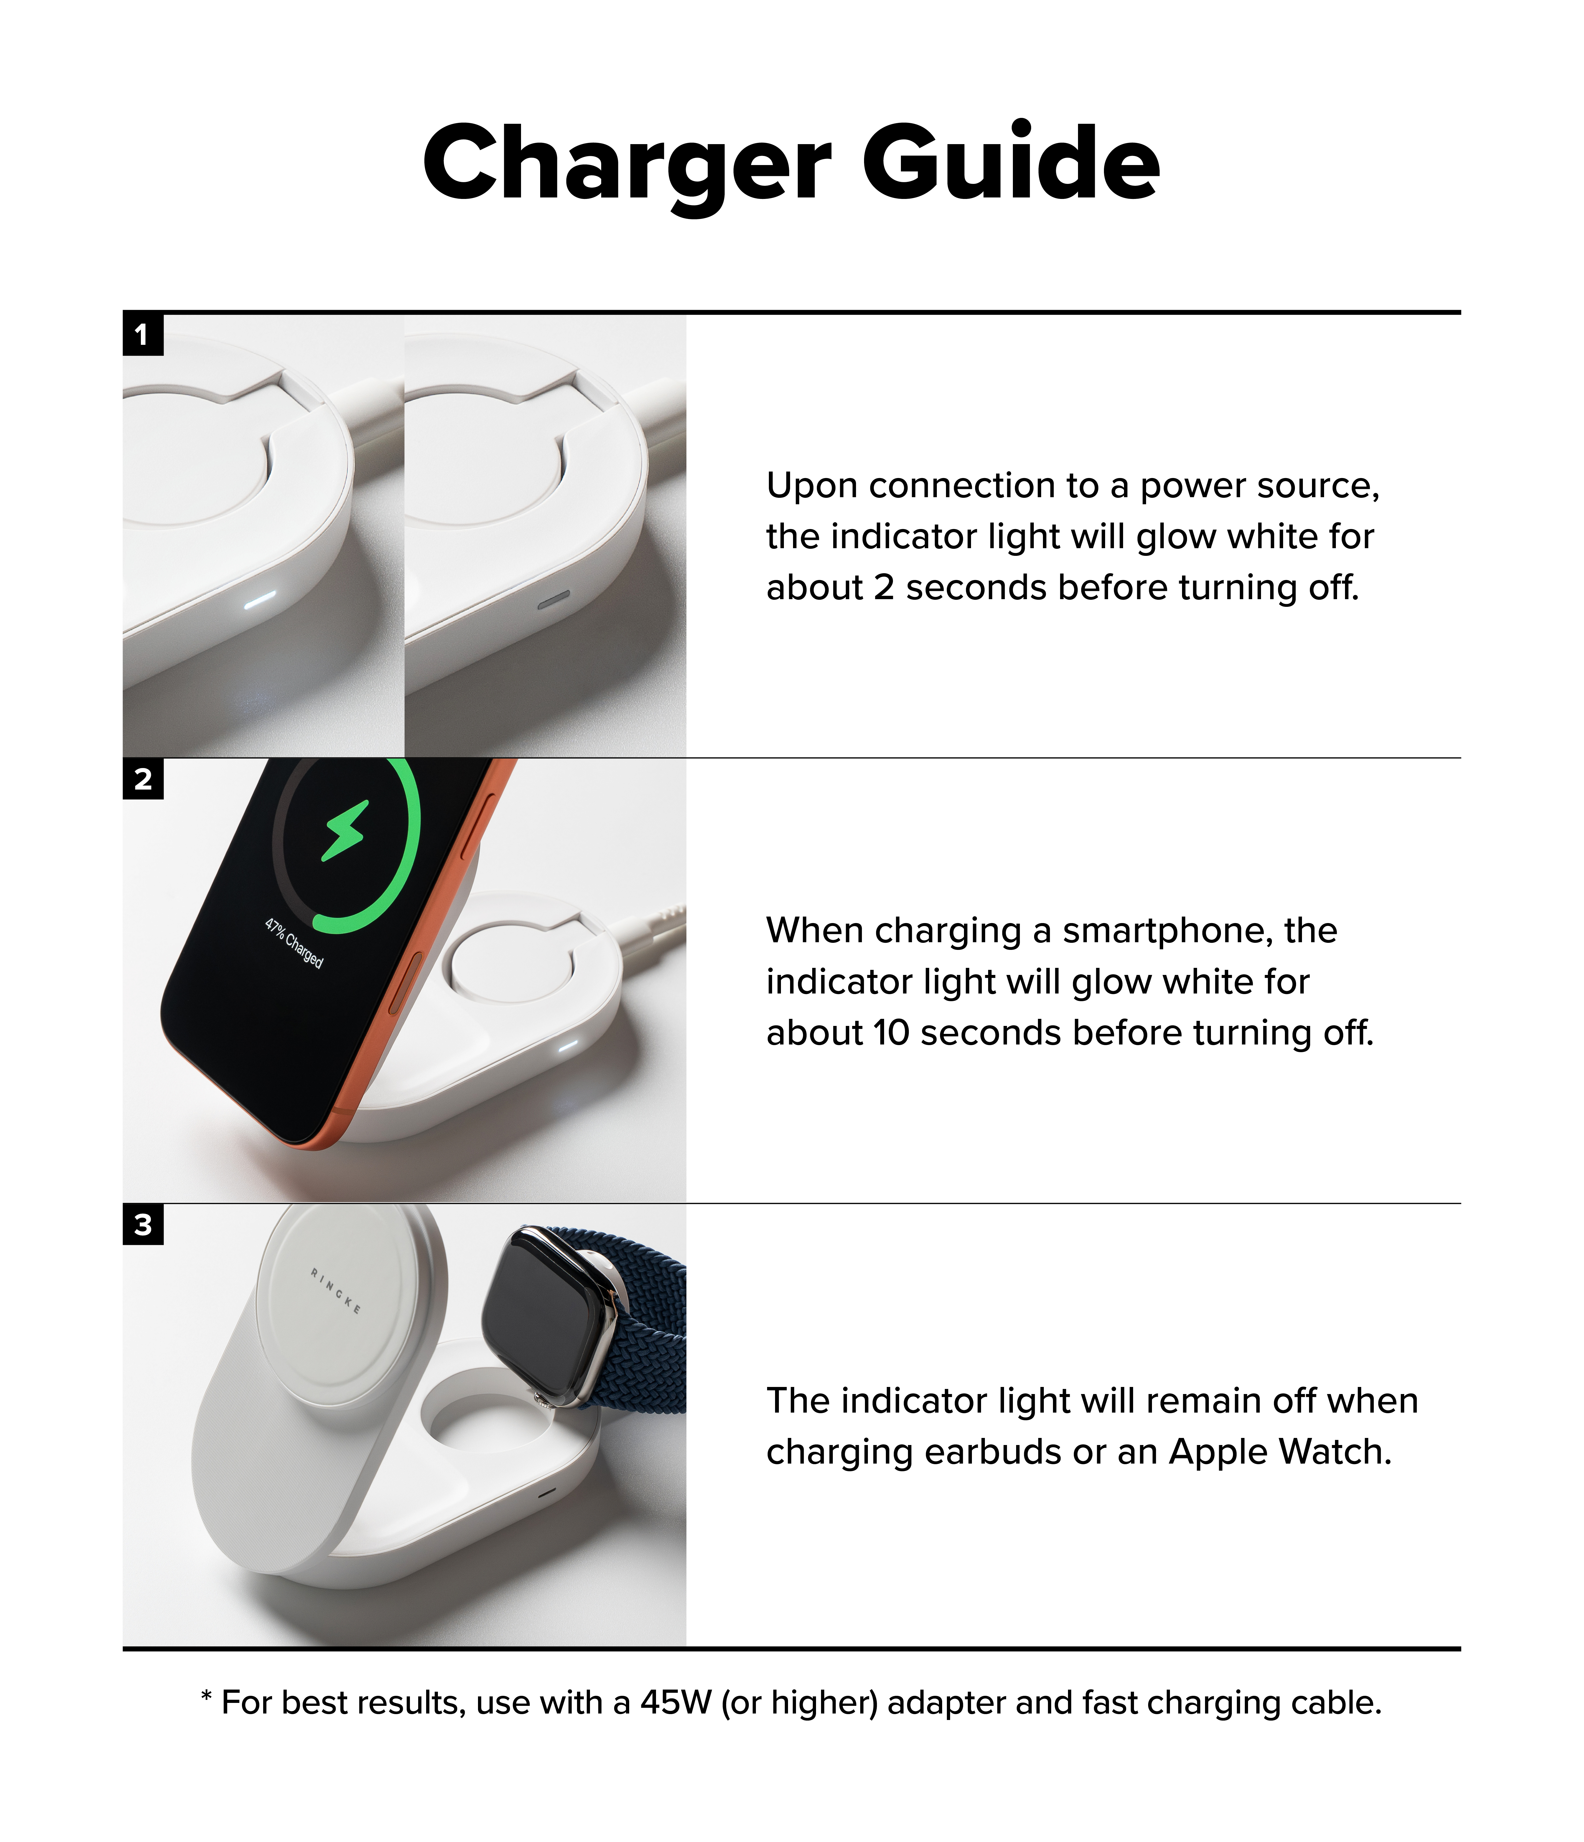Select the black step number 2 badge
click(x=142, y=779)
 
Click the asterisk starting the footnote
click(x=206, y=1696)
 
